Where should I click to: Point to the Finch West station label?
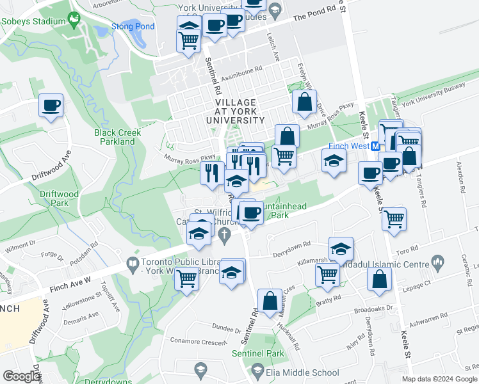350,146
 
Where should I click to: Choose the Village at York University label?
236,111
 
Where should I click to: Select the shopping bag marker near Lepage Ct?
380,279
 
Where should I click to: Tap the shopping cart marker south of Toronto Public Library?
186,279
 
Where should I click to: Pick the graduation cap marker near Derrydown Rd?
341,248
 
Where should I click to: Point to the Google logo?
21,376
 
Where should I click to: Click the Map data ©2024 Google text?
439,379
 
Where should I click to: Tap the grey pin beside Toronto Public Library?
133,262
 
